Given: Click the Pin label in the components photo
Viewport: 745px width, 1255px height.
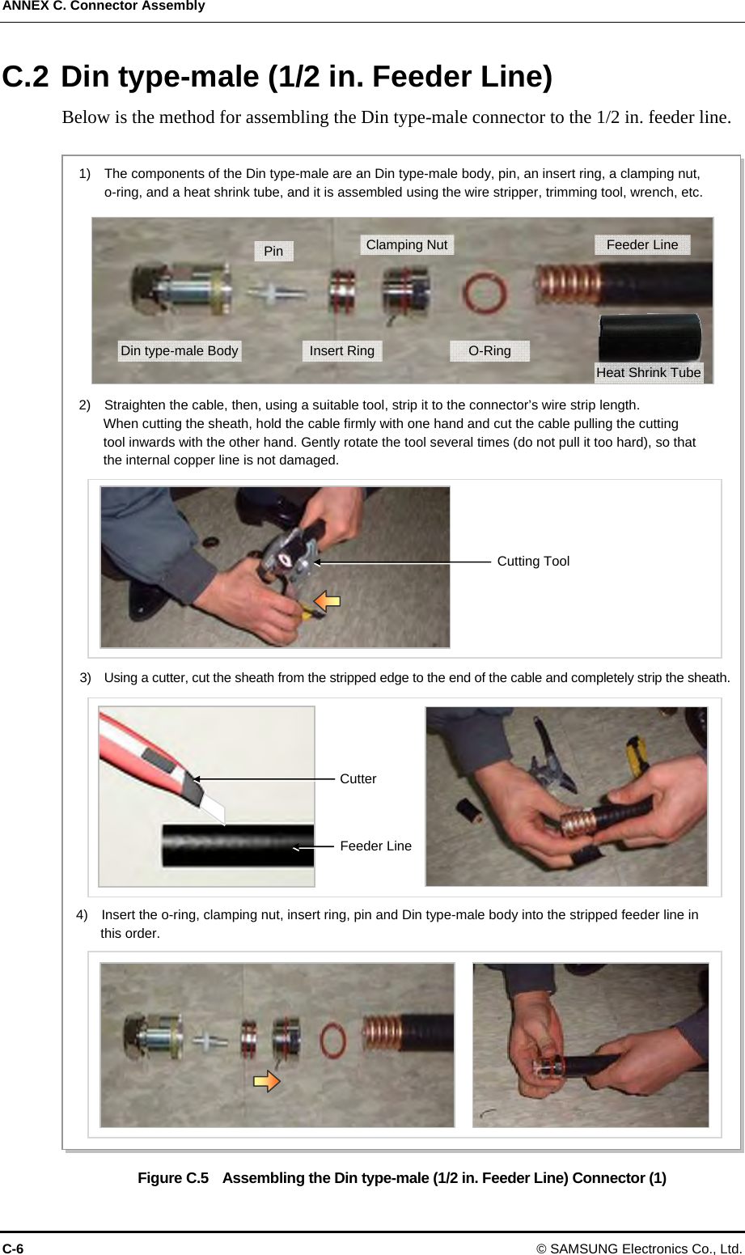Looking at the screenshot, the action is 273,251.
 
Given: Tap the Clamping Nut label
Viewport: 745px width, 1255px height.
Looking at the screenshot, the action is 407,245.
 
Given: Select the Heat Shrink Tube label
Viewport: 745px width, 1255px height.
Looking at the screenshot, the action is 648,372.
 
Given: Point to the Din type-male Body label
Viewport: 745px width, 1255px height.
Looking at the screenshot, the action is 180,350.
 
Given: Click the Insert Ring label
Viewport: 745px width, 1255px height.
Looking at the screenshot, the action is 341,350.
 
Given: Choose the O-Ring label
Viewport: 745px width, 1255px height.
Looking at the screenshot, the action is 489,350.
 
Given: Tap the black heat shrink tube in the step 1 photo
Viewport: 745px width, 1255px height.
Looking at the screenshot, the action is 650,337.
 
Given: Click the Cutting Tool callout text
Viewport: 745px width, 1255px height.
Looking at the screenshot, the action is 533,562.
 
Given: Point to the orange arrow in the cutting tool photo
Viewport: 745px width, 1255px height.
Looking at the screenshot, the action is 327,601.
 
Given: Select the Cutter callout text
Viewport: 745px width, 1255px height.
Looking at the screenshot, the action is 358,778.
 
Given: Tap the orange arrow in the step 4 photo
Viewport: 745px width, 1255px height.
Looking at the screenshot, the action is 267,1081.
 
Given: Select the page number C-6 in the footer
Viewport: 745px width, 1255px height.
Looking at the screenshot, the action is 13,1249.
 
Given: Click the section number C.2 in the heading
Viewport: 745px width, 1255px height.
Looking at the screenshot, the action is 25,76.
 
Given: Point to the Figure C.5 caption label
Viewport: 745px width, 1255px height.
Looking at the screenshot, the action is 173,1178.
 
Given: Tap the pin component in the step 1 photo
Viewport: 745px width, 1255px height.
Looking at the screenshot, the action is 277,292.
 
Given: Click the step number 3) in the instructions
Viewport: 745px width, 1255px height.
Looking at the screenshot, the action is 85,678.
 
